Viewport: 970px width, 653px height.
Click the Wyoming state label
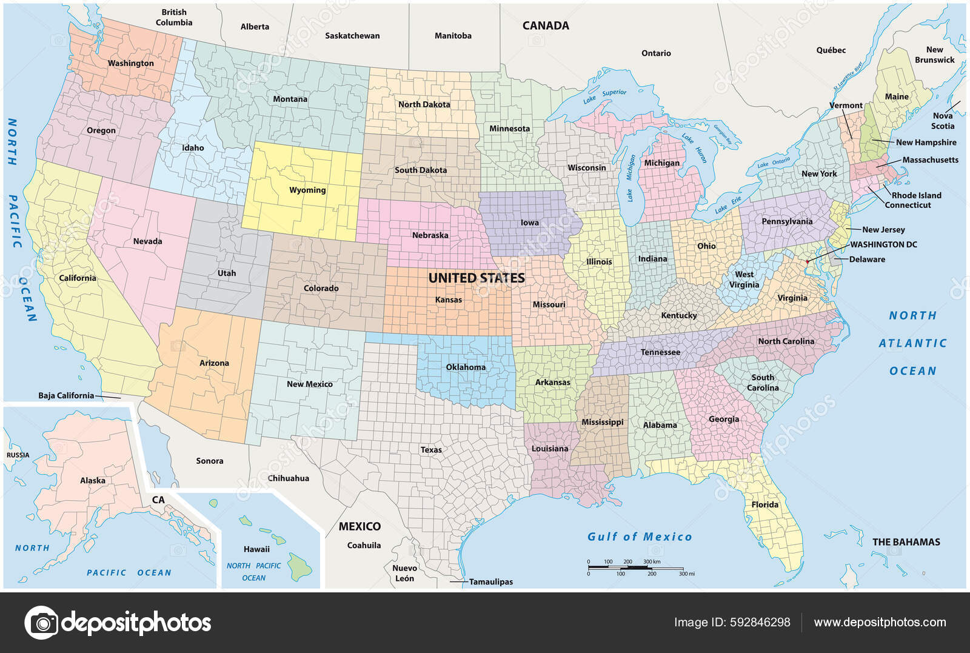[x=307, y=190]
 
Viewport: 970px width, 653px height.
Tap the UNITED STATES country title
[x=477, y=278]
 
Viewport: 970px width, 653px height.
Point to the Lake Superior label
[x=604, y=96]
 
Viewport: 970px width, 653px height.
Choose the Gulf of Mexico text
[x=640, y=537]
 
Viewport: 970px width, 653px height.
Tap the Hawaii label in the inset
[x=256, y=549]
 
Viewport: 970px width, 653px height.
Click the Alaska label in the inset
[x=93, y=480]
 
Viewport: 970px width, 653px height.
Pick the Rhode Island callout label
[x=916, y=195]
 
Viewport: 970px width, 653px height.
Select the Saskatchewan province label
[x=352, y=36]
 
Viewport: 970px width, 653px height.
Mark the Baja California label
[x=66, y=395]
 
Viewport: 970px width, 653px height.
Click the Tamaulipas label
[x=490, y=581]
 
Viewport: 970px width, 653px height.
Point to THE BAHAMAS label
[x=906, y=542]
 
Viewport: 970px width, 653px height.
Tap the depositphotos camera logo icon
[x=41, y=622]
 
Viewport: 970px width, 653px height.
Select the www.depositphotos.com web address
[x=880, y=622]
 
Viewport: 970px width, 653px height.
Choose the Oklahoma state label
[x=466, y=367]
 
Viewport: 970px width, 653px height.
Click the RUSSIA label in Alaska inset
[x=18, y=455]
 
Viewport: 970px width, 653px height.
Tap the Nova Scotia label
[x=942, y=121]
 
